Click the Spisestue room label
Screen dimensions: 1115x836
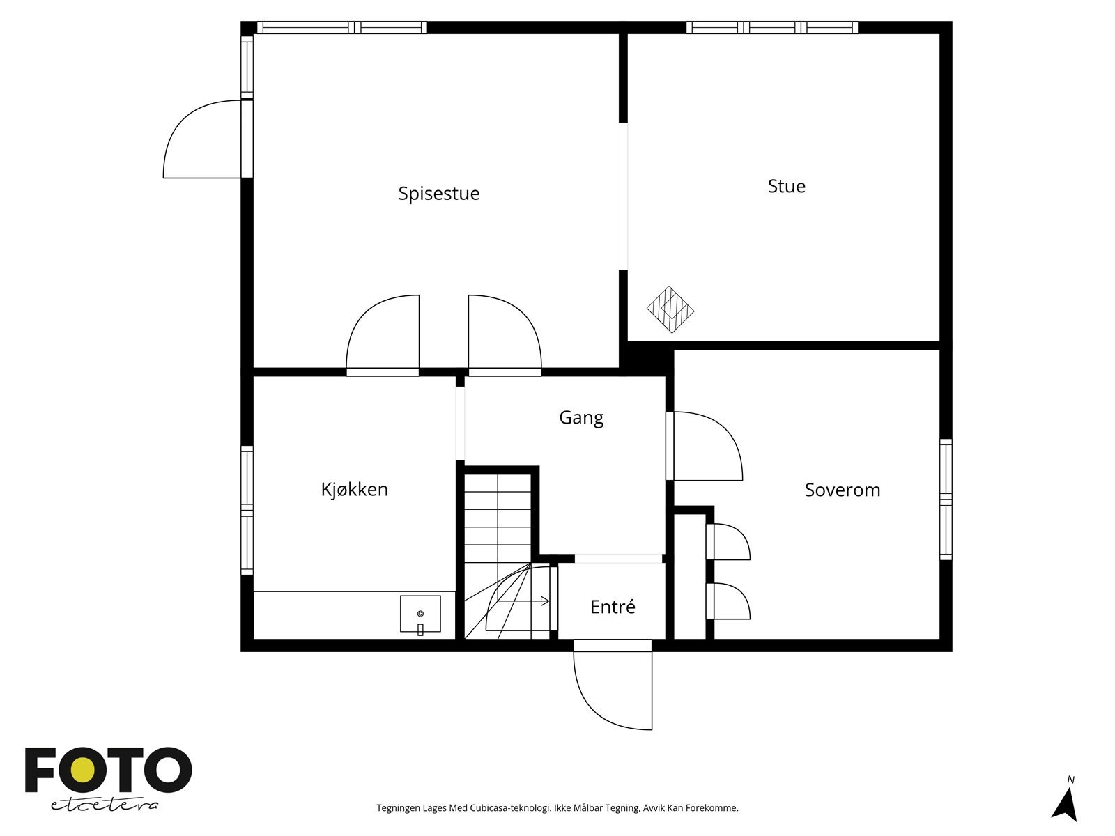tap(439, 194)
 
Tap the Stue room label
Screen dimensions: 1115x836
tap(786, 186)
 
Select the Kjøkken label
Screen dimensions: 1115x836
tap(355, 489)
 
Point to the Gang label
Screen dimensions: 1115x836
tap(581, 418)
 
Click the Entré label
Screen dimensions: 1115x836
tap(613, 607)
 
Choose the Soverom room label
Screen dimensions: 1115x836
tap(843, 490)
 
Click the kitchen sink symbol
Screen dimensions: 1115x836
tap(420, 614)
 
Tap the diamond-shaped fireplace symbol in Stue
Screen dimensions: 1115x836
tap(670, 309)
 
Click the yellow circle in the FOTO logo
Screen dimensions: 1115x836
tap(82, 770)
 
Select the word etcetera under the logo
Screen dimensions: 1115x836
tap(104, 805)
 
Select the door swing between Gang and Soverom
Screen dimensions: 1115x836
tap(704, 446)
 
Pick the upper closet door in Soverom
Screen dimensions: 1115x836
tap(728, 541)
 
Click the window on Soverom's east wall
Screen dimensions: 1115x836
tap(946, 500)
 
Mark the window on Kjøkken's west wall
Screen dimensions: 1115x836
tap(247, 510)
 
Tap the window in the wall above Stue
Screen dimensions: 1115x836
tap(772, 27)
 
